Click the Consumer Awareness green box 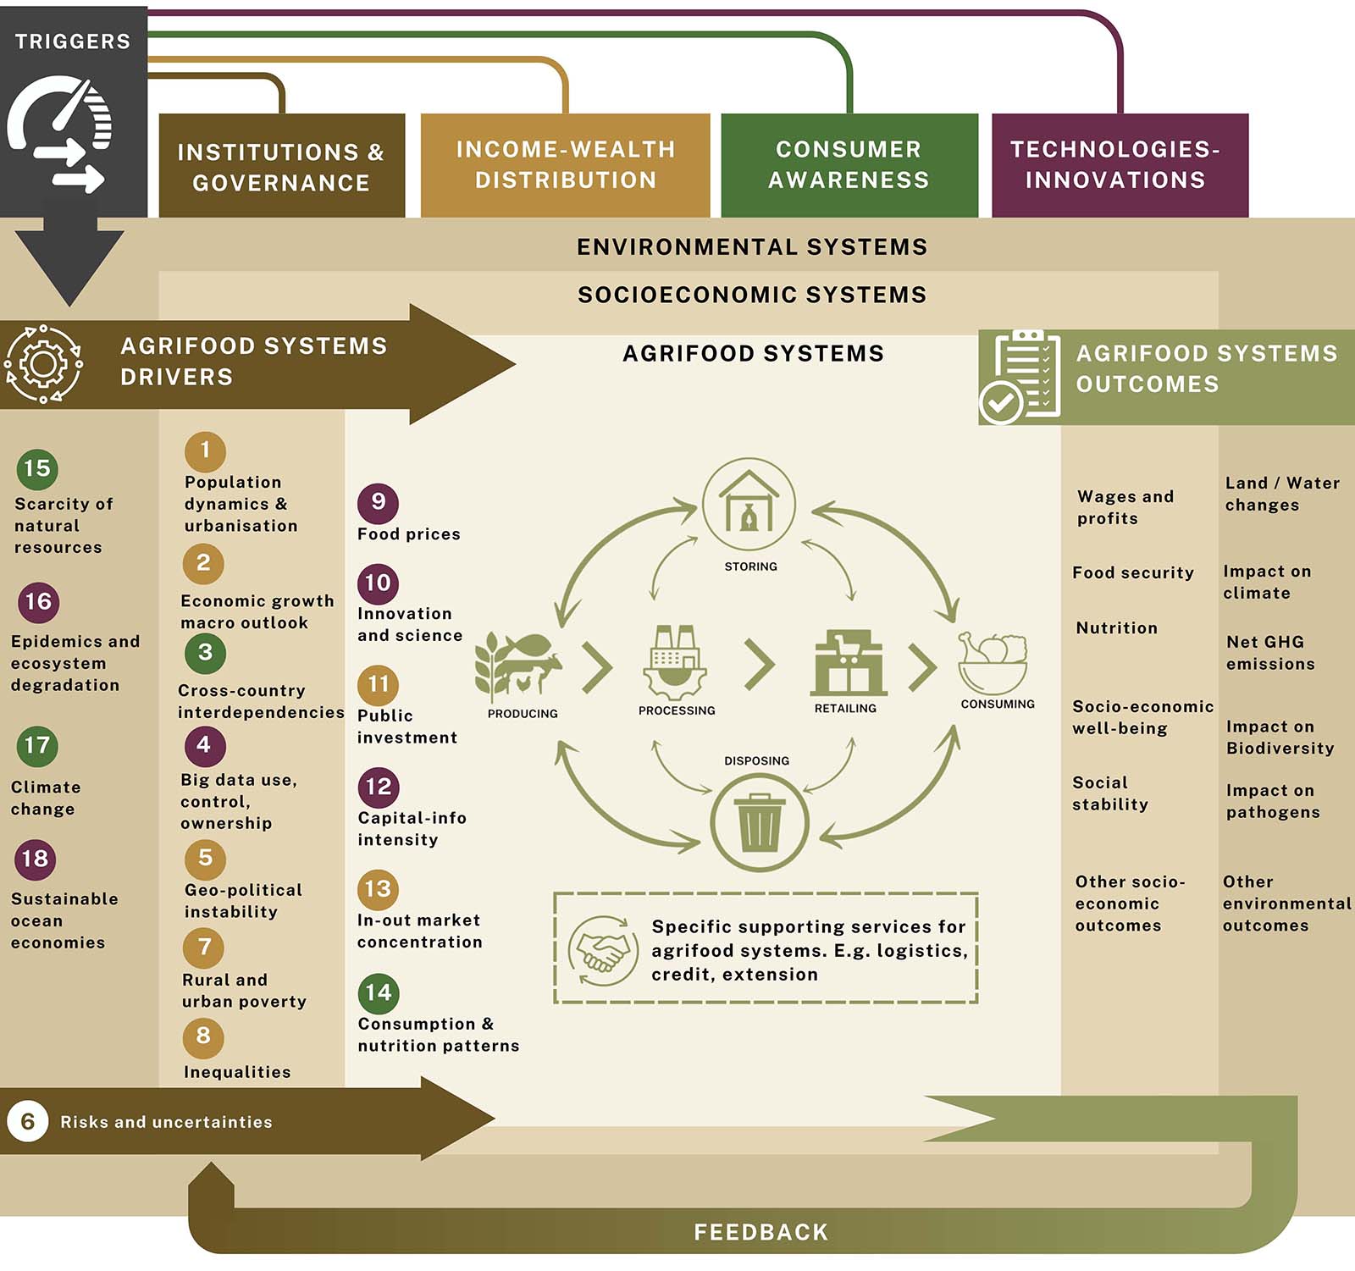(x=849, y=165)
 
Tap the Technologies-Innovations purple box (x=1119, y=165)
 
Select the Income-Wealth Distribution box (x=565, y=165)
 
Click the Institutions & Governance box (x=281, y=167)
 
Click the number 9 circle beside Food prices (x=378, y=503)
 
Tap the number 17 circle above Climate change (x=37, y=746)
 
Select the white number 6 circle (x=28, y=1122)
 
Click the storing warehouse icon (x=749, y=505)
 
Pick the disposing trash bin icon (x=760, y=822)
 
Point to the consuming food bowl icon (x=992, y=661)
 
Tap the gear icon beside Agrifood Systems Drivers (x=43, y=364)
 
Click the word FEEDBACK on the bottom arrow (x=760, y=1232)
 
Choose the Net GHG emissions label (x=1270, y=653)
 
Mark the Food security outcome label (x=1132, y=573)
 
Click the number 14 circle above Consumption (x=378, y=993)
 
